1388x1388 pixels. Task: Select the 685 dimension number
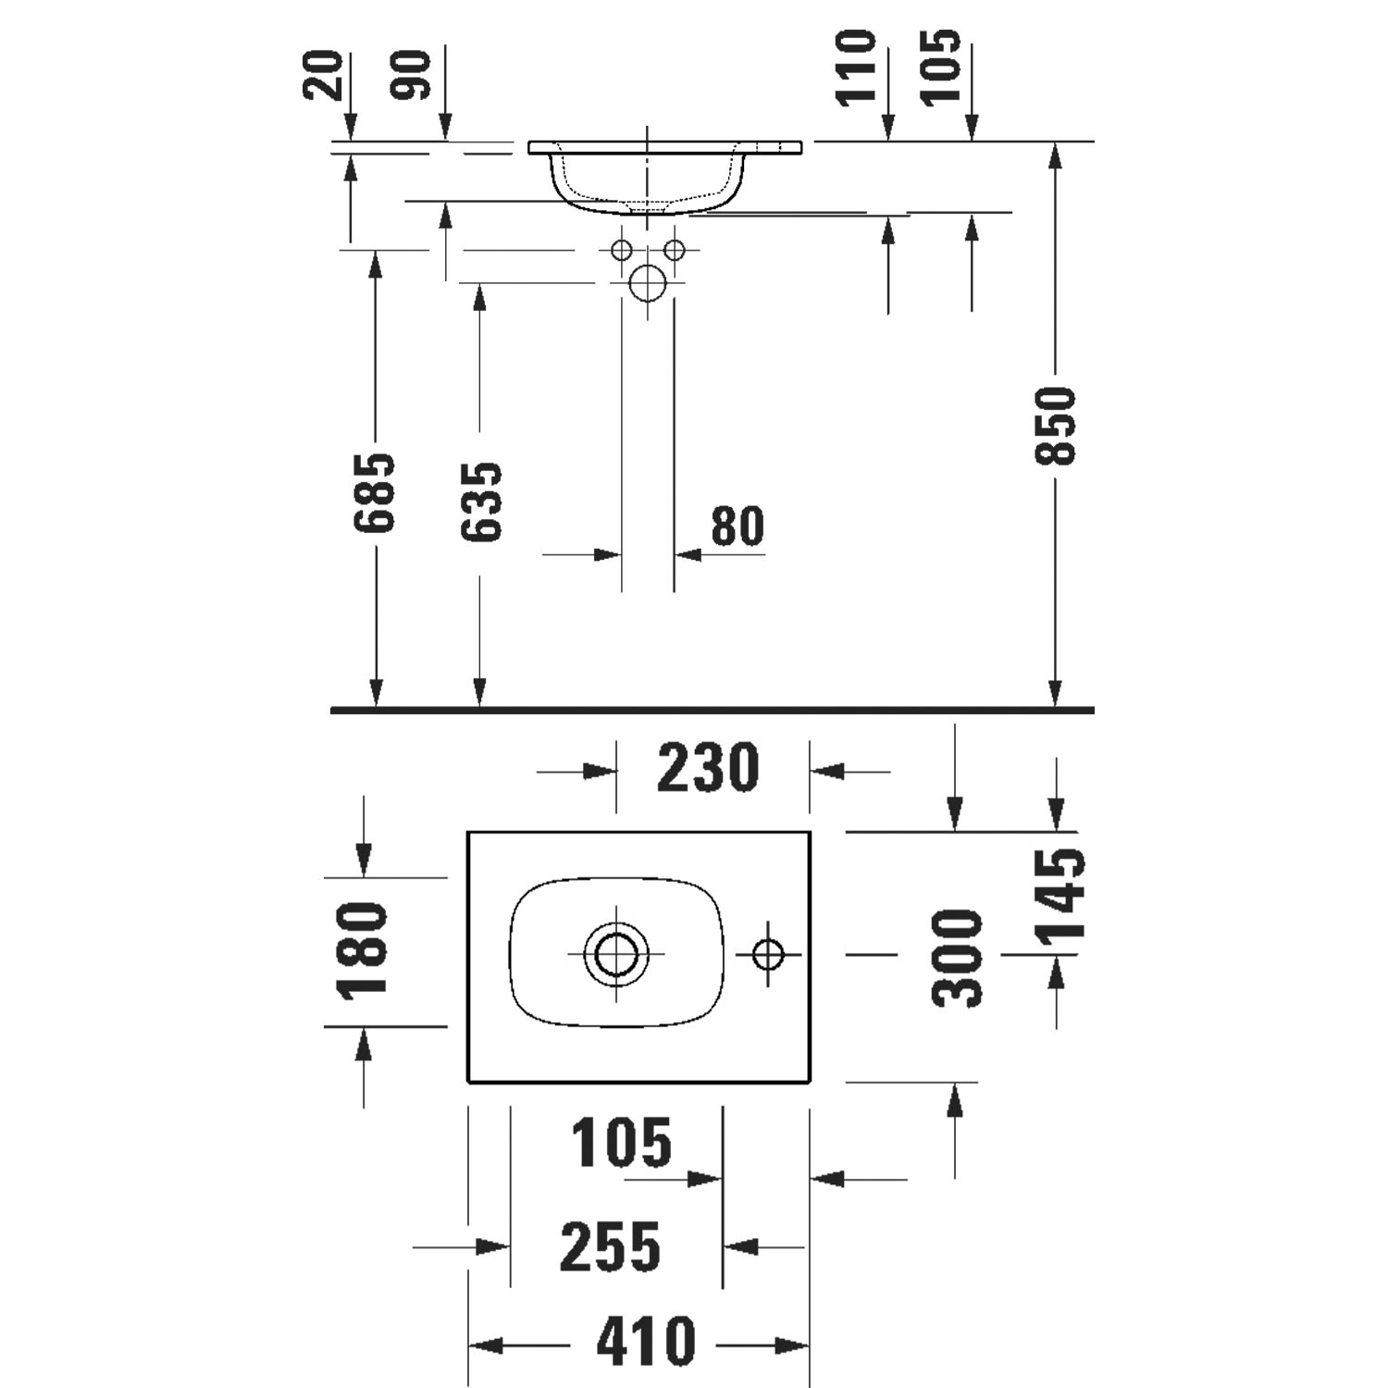point(375,493)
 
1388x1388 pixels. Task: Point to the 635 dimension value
point(481,502)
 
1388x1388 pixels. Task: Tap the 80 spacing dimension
point(737,527)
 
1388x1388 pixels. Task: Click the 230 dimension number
point(708,768)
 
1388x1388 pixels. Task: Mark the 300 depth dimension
point(957,958)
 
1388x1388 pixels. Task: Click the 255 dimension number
point(611,1246)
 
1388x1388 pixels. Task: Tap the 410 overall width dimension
point(646,1342)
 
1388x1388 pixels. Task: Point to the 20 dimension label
point(323,75)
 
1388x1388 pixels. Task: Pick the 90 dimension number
point(412,75)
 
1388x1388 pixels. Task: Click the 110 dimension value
point(855,68)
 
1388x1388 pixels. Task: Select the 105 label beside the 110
point(942,68)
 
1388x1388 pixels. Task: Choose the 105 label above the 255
point(620,1143)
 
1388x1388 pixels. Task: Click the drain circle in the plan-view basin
point(616,953)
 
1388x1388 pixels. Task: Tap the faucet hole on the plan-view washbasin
point(768,953)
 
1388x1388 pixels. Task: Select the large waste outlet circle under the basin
point(647,282)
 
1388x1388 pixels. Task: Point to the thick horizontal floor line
point(713,711)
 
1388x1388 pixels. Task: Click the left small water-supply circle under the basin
point(621,250)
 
